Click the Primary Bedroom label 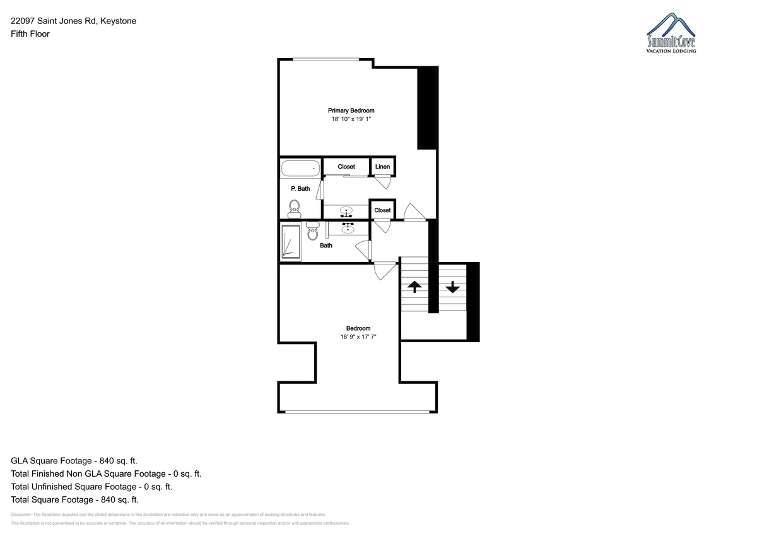click(x=351, y=110)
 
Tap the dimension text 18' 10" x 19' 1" click(x=351, y=119)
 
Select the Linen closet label click(x=382, y=167)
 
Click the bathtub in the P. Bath click(x=300, y=169)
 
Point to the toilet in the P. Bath click(x=295, y=210)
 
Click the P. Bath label click(x=300, y=189)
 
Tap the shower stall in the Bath click(x=291, y=241)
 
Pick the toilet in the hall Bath click(x=313, y=230)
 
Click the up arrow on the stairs click(x=414, y=287)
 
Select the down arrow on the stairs click(x=452, y=287)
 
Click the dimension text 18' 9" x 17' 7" click(x=358, y=337)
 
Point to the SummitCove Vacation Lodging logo click(x=671, y=33)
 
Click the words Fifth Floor click(x=30, y=34)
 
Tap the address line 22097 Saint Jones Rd click(x=54, y=21)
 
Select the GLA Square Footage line click(x=74, y=461)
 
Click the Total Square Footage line click(x=74, y=500)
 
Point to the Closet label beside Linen click(x=346, y=167)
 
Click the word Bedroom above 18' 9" click(x=358, y=328)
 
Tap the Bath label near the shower click(x=326, y=246)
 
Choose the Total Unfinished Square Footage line click(x=91, y=487)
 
